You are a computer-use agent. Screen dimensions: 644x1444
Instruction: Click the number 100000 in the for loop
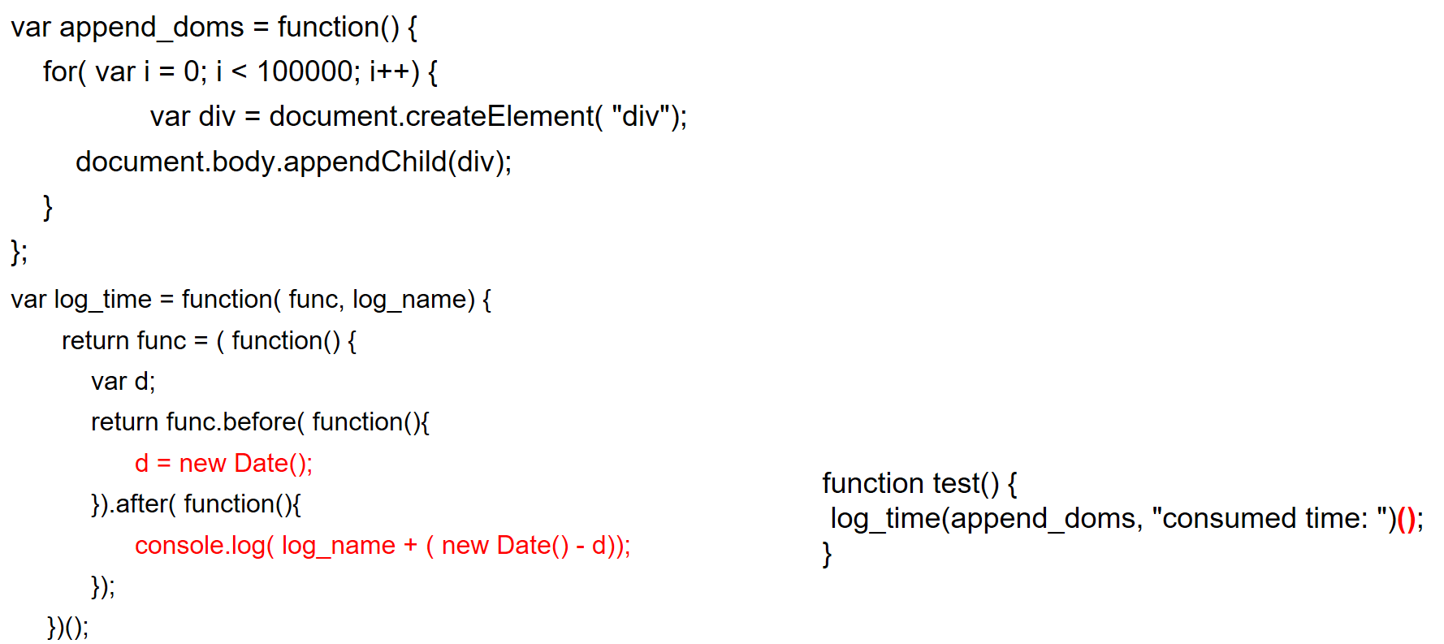point(305,72)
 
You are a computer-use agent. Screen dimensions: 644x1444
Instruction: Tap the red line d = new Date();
point(223,464)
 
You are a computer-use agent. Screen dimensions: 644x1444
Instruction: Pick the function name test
point(957,483)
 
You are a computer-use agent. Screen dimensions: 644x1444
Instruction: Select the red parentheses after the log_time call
point(1406,519)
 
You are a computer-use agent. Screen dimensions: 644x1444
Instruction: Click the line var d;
point(123,382)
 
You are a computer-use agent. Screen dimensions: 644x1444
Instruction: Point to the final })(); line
point(67,627)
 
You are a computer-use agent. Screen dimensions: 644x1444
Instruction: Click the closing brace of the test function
point(827,555)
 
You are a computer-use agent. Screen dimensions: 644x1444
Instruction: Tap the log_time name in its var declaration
point(102,300)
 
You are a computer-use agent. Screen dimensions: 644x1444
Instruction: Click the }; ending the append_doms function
point(19,253)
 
